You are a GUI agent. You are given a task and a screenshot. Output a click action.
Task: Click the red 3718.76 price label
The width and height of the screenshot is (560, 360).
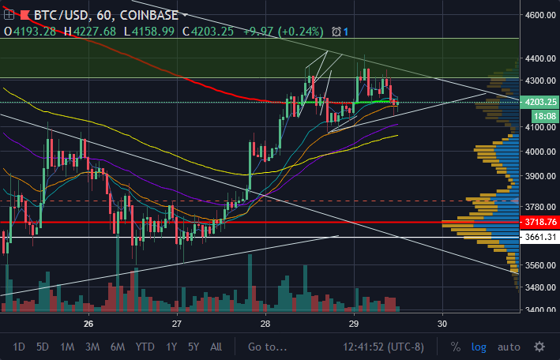click(x=540, y=222)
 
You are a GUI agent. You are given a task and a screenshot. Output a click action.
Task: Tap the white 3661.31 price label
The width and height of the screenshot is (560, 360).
click(x=540, y=236)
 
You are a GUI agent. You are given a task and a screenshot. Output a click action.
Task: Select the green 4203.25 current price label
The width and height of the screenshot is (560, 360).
click(x=540, y=102)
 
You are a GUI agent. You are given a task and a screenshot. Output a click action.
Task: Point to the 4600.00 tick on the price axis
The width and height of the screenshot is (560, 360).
click(x=540, y=15)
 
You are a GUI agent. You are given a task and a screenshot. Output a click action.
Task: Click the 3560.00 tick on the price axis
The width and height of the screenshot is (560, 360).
click(x=540, y=265)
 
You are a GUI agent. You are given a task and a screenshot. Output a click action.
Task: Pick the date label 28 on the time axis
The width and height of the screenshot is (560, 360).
click(x=265, y=324)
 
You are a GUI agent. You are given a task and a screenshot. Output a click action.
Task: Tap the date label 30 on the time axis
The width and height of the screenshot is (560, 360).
click(x=442, y=324)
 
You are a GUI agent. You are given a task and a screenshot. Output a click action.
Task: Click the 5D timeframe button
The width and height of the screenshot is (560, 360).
click(x=43, y=347)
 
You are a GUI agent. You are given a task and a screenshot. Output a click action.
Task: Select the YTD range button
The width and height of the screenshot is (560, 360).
click(x=145, y=347)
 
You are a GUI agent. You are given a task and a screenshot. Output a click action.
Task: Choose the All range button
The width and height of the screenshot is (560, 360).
click(x=216, y=347)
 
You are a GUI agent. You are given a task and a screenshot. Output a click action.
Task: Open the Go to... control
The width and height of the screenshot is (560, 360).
click(x=267, y=347)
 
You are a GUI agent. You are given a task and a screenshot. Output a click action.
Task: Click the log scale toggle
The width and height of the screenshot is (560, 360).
click(x=479, y=347)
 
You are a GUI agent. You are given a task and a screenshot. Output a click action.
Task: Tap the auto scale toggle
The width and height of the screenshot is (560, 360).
click(x=509, y=347)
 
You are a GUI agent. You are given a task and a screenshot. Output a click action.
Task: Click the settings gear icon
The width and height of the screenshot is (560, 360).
click(x=539, y=347)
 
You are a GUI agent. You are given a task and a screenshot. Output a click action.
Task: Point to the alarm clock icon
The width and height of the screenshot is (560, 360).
click(x=336, y=32)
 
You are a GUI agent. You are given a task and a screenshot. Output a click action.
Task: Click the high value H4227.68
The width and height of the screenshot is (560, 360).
click(x=90, y=32)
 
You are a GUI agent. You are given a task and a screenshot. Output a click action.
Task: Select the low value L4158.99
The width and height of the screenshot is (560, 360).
click(x=149, y=32)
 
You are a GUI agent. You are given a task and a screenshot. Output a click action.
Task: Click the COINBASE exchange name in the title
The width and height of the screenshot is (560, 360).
click(x=149, y=15)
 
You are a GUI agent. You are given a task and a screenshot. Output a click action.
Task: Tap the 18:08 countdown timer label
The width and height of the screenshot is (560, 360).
click(x=545, y=116)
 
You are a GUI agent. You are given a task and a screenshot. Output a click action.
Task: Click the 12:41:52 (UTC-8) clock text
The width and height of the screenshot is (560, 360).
click(x=383, y=347)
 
